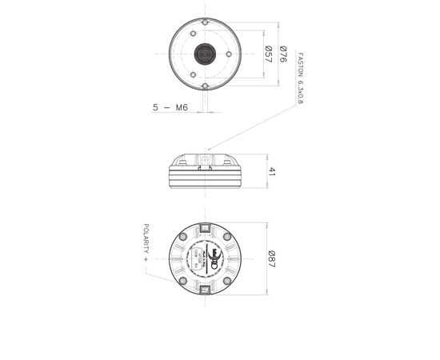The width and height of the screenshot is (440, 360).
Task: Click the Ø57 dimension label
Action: (x=269, y=54)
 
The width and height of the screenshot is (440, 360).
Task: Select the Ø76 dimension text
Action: (x=282, y=54)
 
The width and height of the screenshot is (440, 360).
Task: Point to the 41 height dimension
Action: (x=272, y=172)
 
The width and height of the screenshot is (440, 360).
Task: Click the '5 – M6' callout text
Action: (x=169, y=106)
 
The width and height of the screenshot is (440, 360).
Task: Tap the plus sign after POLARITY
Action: (x=146, y=262)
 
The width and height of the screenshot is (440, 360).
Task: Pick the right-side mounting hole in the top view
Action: (x=230, y=54)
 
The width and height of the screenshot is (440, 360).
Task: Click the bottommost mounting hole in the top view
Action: (x=205, y=85)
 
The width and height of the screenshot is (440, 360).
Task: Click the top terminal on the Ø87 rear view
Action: (x=206, y=229)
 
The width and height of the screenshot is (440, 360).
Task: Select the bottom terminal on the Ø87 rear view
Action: (x=206, y=290)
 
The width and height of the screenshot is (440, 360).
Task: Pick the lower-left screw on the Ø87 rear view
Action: (x=184, y=281)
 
